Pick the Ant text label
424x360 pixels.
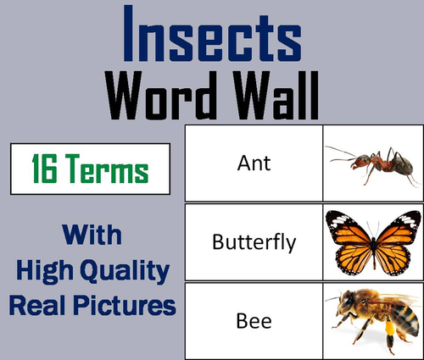click(255, 162)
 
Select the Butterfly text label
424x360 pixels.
click(255, 243)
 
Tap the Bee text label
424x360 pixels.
click(255, 324)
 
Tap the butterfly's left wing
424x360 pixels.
click(348, 236)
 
